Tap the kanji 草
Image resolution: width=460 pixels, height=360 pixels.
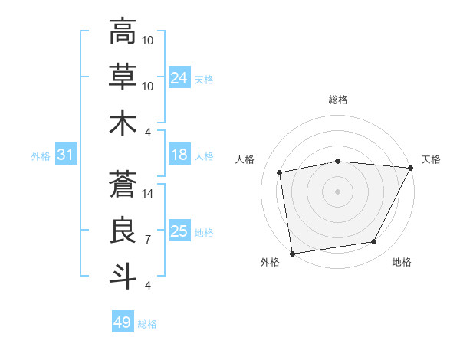click(x=123, y=77)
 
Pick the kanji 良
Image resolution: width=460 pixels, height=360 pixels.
click(x=123, y=230)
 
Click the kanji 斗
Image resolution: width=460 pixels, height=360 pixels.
click(x=123, y=276)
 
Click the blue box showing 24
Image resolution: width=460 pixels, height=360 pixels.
click(x=179, y=78)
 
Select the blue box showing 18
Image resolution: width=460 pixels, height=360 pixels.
click(x=179, y=155)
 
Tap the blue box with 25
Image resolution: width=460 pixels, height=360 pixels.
click(x=179, y=231)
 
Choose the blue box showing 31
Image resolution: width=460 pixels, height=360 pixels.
click(x=66, y=155)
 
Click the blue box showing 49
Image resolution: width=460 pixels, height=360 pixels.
click(x=123, y=322)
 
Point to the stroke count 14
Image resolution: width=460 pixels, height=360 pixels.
click(x=148, y=195)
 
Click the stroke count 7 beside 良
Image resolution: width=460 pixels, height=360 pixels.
click(x=147, y=240)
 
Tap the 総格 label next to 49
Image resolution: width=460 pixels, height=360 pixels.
click(x=147, y=324)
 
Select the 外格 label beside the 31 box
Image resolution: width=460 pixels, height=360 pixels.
click(x=41, y=156)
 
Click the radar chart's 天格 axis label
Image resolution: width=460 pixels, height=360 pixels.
click(x=431, y=159)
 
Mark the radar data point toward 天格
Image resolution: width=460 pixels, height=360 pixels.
click(x=411, y=168)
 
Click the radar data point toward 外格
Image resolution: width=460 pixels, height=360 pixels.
click(x=292, y=253)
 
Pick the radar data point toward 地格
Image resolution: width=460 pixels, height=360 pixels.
click(x=374, y=242)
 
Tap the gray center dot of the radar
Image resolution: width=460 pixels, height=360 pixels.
click(x=337, y=191)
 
